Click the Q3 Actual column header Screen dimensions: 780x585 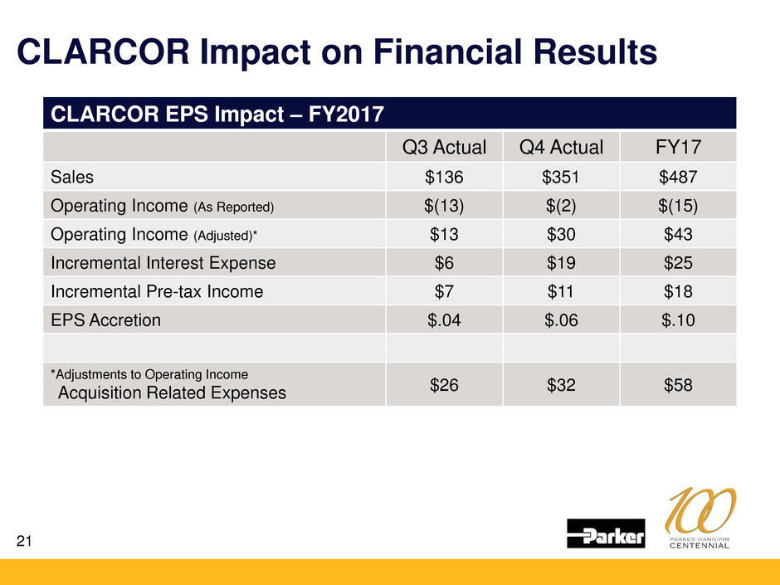444,147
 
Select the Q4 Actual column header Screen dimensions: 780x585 561,147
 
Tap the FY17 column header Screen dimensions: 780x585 678,147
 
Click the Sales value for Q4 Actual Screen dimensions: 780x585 561,177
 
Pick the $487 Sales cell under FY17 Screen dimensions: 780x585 678,177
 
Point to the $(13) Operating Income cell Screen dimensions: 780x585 444,206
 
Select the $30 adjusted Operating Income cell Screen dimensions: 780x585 561,234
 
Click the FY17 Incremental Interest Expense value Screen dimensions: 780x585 678,263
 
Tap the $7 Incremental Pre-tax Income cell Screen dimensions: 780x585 444,291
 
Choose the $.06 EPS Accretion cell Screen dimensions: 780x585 561,319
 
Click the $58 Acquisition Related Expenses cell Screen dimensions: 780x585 678,384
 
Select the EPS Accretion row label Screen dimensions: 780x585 105,319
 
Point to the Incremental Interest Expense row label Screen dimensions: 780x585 163,263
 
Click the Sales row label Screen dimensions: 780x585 72,177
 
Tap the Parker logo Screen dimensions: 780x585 606,534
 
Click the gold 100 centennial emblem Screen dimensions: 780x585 700,518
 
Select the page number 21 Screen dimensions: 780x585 24,541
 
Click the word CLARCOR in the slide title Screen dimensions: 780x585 104,51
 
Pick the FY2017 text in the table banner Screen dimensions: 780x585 346,114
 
